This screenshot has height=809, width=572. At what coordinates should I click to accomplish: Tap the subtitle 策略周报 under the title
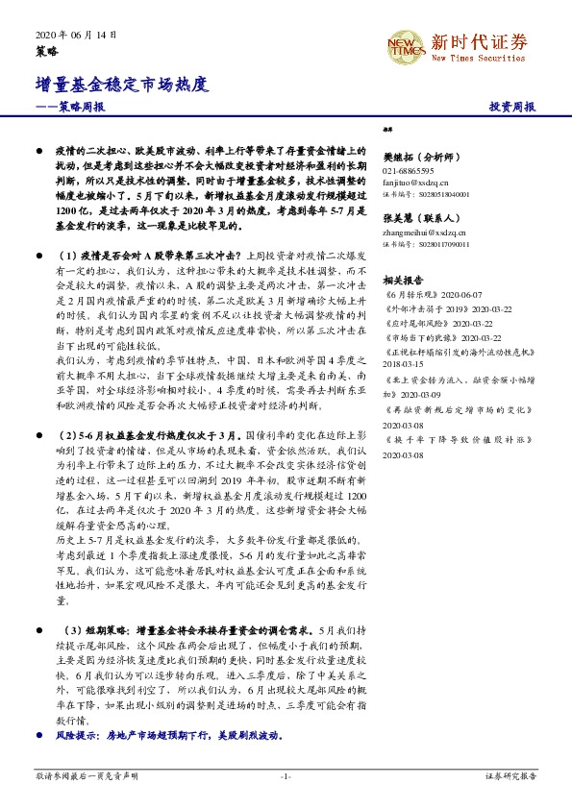click(x=71, y=108)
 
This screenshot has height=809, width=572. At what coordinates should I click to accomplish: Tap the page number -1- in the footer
click(x=285, y=774)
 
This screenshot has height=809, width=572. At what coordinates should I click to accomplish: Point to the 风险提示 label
click(x=78, y=734)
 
